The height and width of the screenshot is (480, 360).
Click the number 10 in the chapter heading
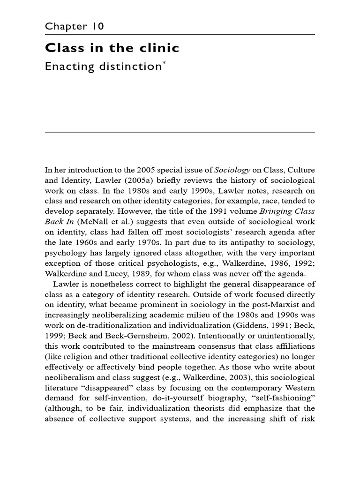(98, 26)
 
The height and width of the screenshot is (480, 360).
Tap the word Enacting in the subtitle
(65, 67)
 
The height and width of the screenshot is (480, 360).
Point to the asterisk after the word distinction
(164, 63)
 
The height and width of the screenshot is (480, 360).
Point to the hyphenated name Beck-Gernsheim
(123, 336)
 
